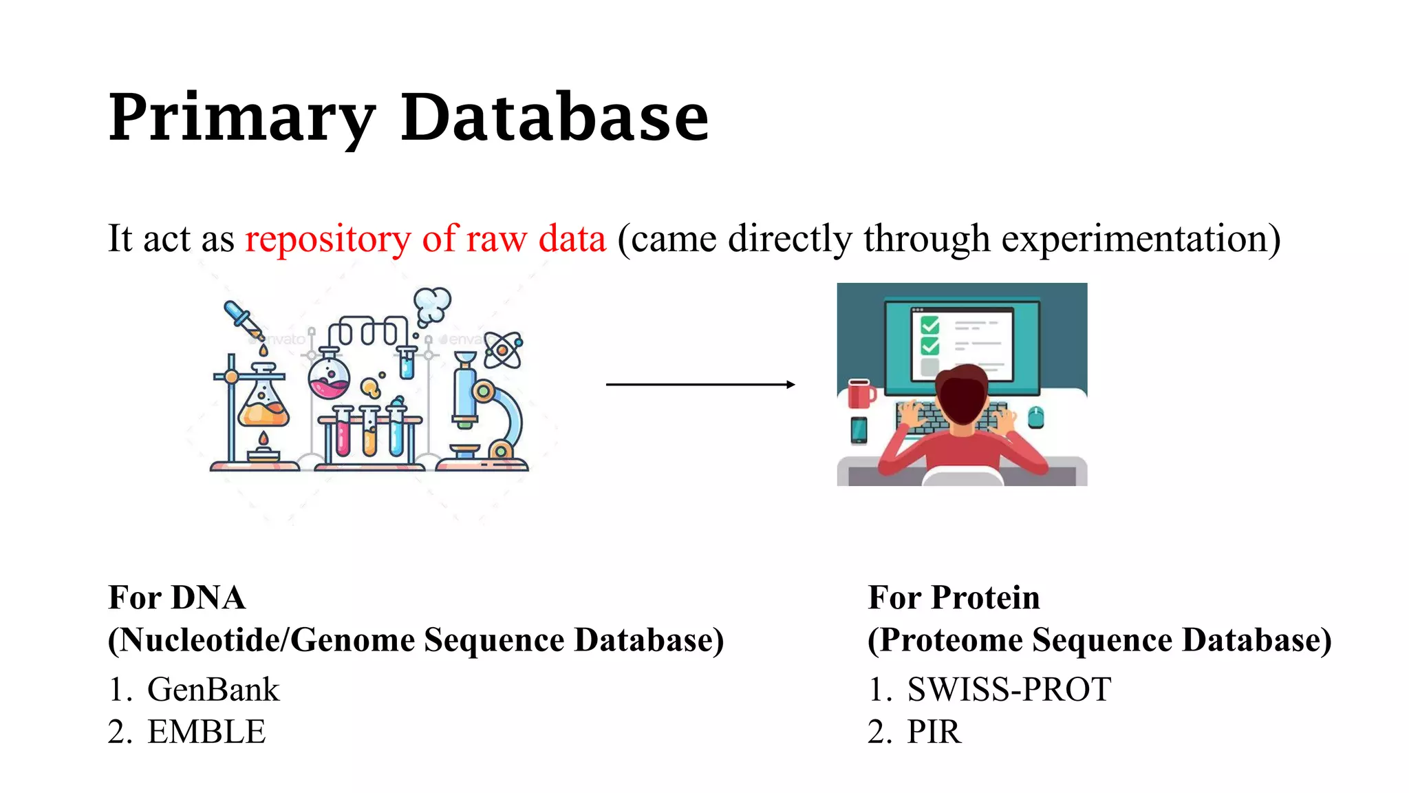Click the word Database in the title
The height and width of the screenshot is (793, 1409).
tap(554, 118)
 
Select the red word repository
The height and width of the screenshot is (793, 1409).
tap(327, 240)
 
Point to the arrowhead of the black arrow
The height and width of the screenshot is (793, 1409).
tap(791, 384)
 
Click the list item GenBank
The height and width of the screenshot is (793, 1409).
tap(213, 690)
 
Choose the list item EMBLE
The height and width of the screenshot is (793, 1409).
tap(206, 732)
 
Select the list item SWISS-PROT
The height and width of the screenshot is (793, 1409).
tap(1009, 690)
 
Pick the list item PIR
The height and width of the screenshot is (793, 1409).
tap(934, 732)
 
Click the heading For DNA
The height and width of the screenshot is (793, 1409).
tap(177, 598)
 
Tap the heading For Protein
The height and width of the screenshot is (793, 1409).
tap(954, 598)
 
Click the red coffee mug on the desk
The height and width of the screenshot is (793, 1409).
tap(860, 394)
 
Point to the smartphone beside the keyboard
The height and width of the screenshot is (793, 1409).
tap(859, 430)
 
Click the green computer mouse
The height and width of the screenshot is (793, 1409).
tap(1035, 417)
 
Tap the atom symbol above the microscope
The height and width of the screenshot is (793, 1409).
tap(503, 350)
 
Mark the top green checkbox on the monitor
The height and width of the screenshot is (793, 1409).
tap(929, 325)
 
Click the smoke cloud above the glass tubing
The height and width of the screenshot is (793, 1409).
tap(432, 304)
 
